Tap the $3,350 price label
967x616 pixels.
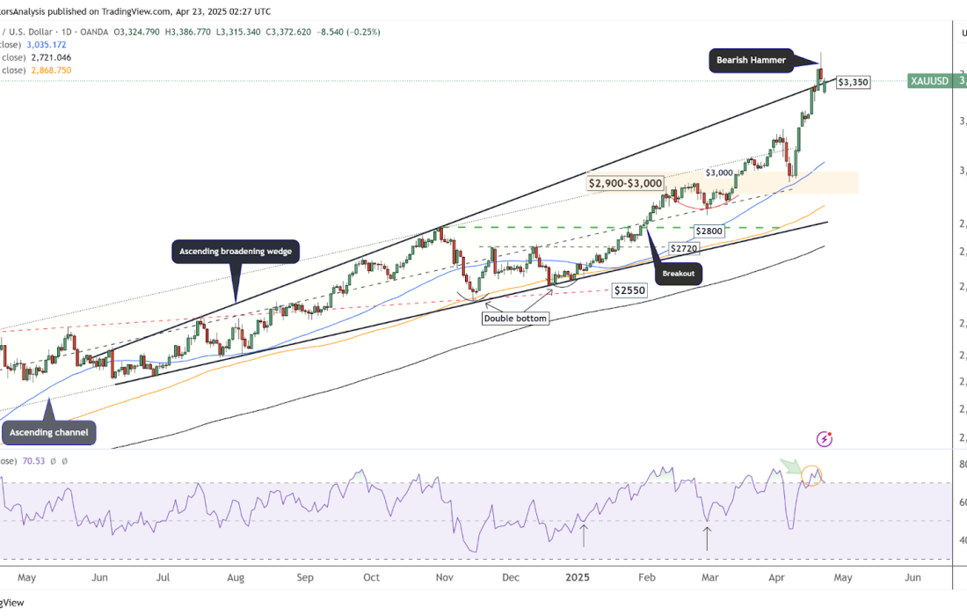point(853,82)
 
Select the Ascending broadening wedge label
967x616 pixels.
point(235,252)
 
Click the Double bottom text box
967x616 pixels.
point(515,319)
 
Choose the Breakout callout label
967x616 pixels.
point(679,274)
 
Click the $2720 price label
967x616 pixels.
point(685,249)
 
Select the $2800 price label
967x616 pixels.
point(709,231)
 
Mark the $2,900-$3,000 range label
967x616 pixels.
point(625,184)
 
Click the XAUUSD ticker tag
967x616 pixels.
point(930,81)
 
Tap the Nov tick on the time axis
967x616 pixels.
point(444,577)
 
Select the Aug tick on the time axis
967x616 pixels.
point(235,577)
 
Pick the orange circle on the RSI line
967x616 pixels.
point(812,475)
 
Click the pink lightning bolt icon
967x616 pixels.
point(825,438)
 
